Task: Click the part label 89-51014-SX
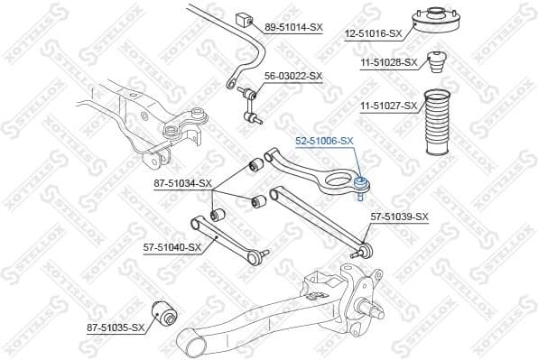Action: coord(293,28)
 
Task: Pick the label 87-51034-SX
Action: coord(181,183)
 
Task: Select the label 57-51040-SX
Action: coord(170,246)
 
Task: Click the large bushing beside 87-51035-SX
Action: coord(165,311)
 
